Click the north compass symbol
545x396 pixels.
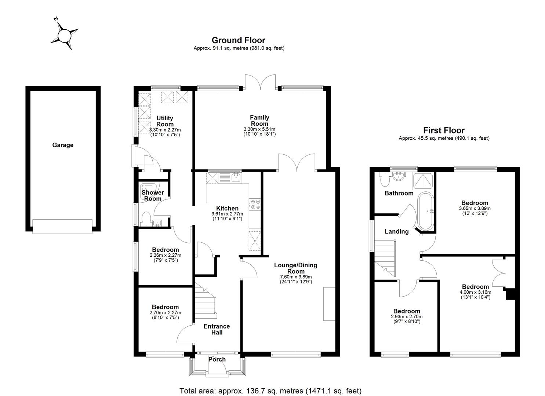[x=64, y=36]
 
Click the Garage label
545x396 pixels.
[x=63, y=145]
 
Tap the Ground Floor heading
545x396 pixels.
[x=238, y=40]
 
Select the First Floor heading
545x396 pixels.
[x=444, y=130]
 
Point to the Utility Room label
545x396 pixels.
[x=165, y=121]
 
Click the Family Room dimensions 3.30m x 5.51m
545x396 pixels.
[x=259, y=129]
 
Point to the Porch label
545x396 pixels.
[x=217, y=359]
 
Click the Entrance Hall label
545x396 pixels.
[x=217, y=329]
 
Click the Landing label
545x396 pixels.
[x=396, y=231]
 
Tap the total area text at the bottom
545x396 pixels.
[x=270, y=390]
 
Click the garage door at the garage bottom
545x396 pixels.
[x=62, y=226]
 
